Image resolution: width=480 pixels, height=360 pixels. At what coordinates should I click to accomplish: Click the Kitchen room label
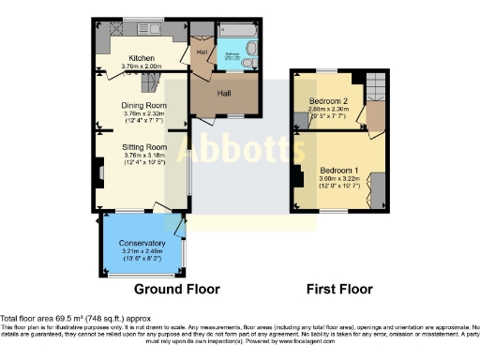pos(142,57)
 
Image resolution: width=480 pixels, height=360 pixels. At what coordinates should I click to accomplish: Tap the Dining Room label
pos(142,105)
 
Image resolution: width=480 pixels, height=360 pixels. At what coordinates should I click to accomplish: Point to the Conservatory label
pos(141,245)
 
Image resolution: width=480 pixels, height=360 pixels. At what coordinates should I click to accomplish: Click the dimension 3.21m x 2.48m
pos(141,252)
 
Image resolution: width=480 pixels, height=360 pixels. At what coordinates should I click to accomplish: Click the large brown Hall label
pos(224,94)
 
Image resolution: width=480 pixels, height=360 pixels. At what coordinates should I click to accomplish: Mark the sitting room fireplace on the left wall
pos(98,172)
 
